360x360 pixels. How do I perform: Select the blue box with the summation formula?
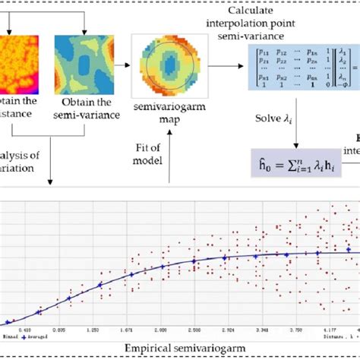(x=297, y=163)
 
